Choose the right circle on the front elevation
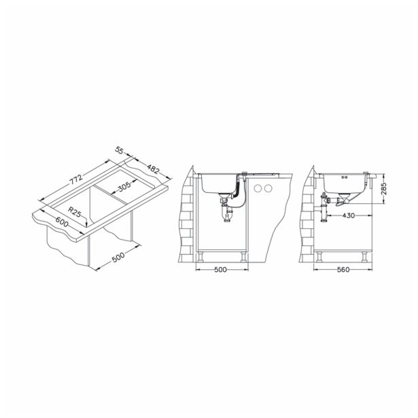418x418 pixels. (268, 188)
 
